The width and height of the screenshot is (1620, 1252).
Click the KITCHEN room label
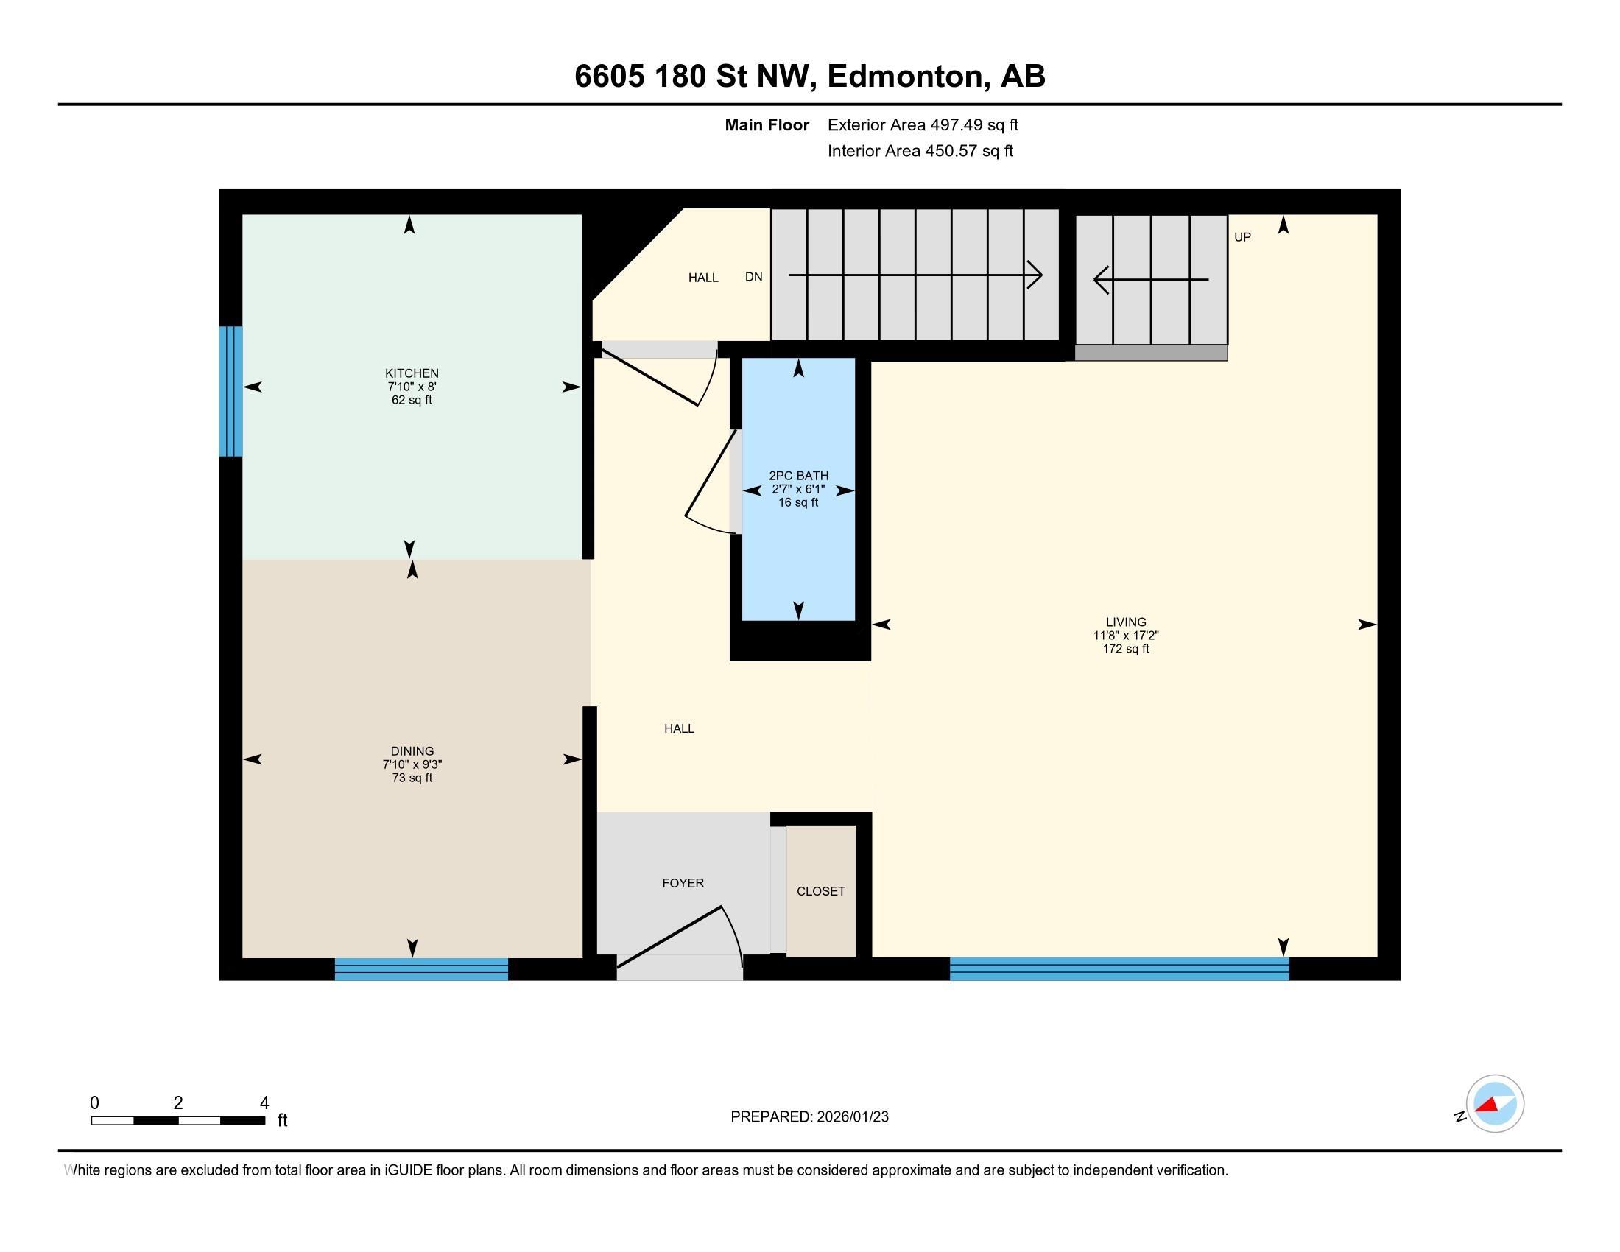412,373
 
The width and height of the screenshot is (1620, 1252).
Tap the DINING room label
412,750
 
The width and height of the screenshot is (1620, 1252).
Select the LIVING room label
1125,622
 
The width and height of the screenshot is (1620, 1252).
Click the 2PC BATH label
798,476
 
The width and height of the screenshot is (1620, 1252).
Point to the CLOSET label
820,891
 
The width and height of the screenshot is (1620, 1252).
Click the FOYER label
683,882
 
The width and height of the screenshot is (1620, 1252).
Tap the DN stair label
753,277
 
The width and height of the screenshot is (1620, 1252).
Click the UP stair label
1242,237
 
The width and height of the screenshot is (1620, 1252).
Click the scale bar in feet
178,1120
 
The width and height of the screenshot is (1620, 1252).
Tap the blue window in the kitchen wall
230,391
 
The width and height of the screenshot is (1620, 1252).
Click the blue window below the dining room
421,968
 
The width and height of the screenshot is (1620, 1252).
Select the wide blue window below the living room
1119,968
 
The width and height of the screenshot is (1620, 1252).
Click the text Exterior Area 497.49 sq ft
923,124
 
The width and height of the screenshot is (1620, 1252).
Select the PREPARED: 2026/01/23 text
809,1116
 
